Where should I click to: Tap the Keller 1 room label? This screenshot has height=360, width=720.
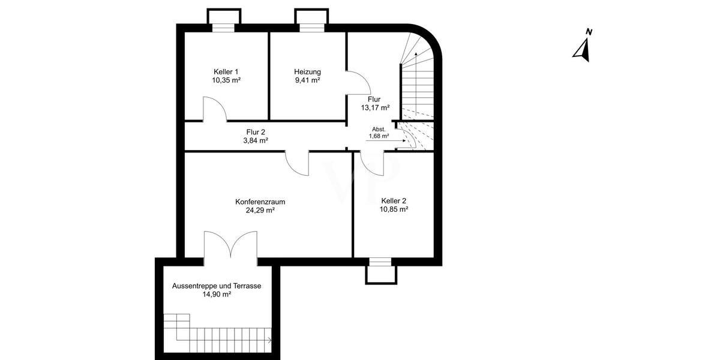(226, 71)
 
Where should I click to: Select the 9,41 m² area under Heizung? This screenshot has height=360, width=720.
(307, 80)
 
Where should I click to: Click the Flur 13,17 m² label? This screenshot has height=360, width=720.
(375, 104)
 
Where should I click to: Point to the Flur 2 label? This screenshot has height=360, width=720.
(256, 132)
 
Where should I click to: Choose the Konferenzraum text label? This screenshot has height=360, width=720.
(260, 202)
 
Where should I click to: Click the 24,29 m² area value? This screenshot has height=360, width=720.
(260, 211)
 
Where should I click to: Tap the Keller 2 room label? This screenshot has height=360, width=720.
(394, 201)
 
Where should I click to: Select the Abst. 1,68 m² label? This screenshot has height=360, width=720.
(379, 133)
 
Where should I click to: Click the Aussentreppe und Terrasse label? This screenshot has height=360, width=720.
(217, 286)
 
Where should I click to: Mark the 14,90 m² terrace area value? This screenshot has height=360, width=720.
(217, 295)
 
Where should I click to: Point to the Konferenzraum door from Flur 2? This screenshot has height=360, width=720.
(298, 163)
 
